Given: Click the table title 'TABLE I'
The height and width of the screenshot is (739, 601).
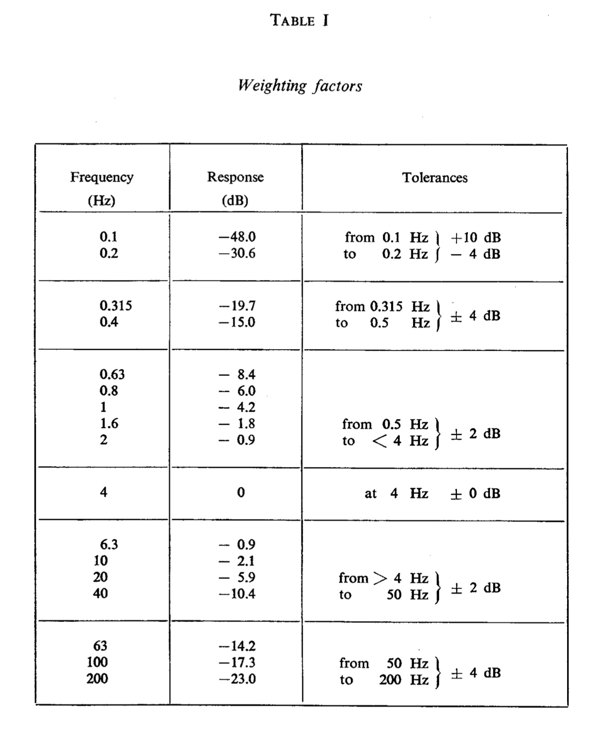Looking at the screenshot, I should (299, 21).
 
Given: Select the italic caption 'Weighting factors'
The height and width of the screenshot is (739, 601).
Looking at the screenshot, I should (300, 86).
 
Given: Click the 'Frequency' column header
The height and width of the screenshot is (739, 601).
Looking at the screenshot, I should (102, 177).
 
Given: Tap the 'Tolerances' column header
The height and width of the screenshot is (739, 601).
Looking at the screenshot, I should (435, 178).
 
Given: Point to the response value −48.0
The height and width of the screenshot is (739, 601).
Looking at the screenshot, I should (237, 237).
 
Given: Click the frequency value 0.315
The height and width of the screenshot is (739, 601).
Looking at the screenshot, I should (116, 305).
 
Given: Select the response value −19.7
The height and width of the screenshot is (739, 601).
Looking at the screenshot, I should (237, 305).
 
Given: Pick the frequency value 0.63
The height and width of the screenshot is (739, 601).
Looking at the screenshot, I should (112, 374).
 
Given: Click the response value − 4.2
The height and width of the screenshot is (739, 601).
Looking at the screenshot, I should (237, 407).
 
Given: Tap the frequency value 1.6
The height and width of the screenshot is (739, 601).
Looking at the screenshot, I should (109, 423).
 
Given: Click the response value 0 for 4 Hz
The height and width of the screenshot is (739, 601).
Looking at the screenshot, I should (241, 492).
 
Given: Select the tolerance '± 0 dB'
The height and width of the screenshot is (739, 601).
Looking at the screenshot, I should (475, 493).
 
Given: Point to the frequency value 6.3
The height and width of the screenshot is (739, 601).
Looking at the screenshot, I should (109, 544).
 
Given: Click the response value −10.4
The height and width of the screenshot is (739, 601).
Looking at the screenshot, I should (237, 593).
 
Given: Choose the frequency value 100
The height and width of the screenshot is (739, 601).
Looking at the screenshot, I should (97, 662).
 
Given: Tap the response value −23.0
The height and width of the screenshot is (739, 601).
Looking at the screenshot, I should (237, 679).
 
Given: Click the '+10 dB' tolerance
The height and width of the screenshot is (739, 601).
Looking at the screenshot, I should (476, 237).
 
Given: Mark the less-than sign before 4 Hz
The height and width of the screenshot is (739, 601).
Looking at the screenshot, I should (380, 441).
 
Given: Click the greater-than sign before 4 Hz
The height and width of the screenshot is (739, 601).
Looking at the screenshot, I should (380, 578).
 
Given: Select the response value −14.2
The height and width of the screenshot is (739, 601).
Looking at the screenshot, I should (237, 646).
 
